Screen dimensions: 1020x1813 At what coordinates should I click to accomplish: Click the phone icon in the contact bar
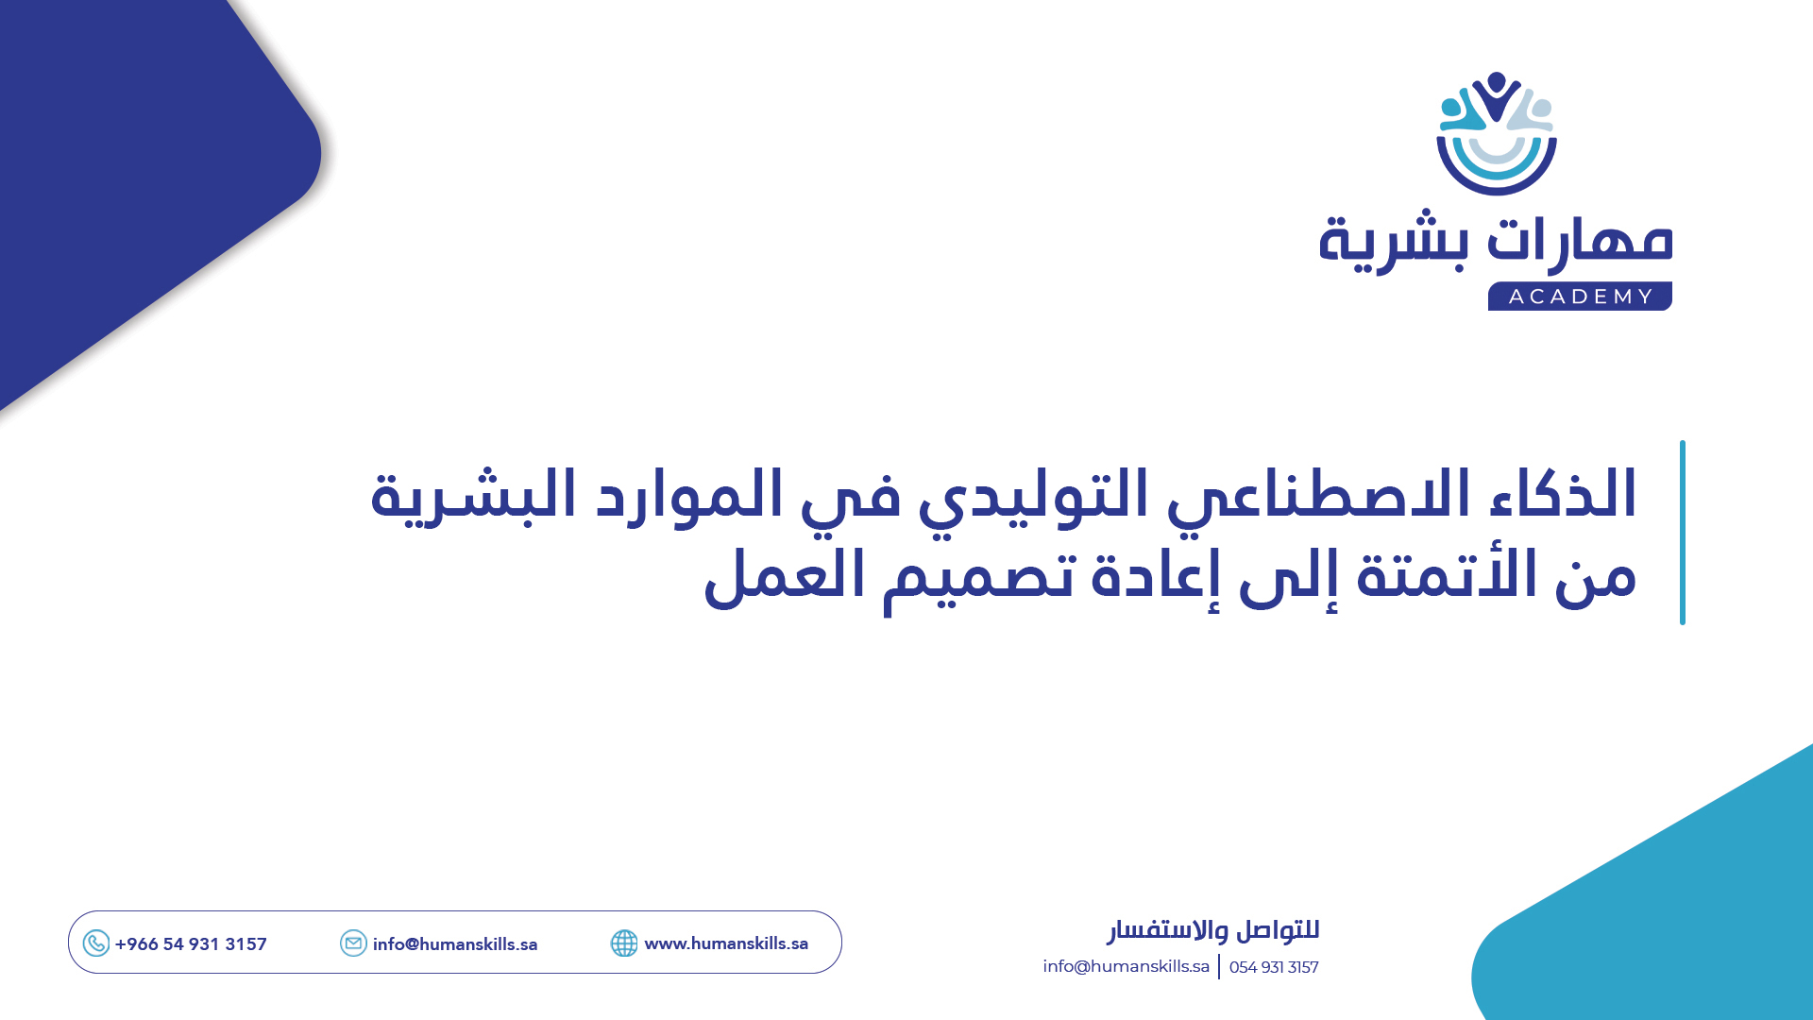tap(96, 943)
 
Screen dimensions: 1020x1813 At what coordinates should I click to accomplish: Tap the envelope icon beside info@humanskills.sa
tap(353, 943)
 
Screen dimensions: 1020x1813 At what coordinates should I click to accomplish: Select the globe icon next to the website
tap(624, 943)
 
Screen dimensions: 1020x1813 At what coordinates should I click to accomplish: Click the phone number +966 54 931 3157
tap(191, 944)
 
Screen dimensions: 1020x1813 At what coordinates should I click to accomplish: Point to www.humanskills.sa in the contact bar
tap(726, 943)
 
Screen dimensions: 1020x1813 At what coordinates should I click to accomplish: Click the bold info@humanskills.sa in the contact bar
tap(455, 944)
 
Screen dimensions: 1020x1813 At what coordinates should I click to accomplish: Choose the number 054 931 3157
tap(1274, 967)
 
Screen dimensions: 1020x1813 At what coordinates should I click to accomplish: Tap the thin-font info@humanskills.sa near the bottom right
tap(1126, 966)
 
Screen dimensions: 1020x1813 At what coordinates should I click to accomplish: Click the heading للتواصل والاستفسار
tap(1213, 930)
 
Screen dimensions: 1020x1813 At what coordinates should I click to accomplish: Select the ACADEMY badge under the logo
tap(1580, 297)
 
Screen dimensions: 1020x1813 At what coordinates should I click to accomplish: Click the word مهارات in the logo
tap(1579, 240)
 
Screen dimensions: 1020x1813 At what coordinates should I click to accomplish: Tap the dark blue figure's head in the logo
tap(1496, 82)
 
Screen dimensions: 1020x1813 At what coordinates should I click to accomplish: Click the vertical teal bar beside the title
tap(1683, 532)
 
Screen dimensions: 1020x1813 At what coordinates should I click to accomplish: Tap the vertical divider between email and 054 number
tap(1219, 966)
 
